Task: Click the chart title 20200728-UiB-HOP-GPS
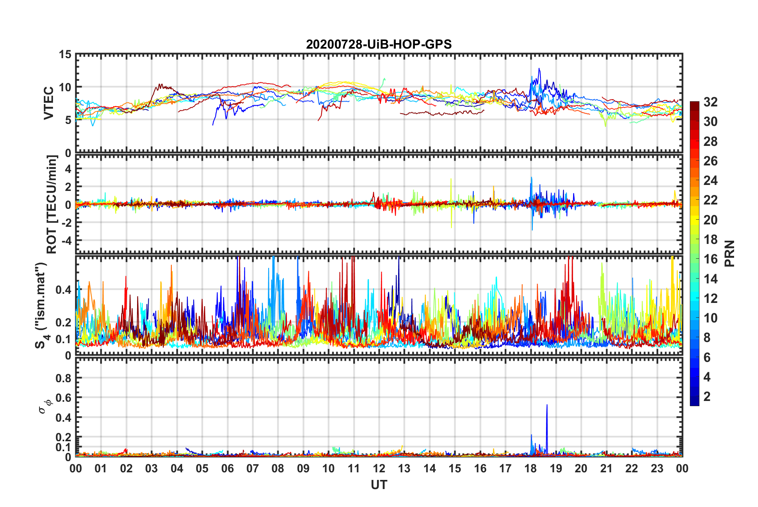(379, 44)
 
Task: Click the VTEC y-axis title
(49, 103)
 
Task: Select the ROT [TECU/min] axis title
(52, 204)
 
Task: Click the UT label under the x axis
(379, 485)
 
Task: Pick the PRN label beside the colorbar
(729, 253)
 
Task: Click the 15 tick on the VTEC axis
(65, 54)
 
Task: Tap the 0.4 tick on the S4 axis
(63, 290)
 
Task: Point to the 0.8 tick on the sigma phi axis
(63, 378)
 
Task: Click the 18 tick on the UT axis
(530, 468)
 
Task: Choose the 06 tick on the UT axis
(227, 468)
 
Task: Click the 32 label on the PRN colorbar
(710, 102)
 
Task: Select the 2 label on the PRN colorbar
(707, 396)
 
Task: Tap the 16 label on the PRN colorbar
(710, 259)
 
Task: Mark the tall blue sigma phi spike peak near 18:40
(547, 405)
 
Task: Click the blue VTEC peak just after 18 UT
(539, 69)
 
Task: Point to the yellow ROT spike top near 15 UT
(451, 179)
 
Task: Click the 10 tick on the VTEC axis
(65, 87)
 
